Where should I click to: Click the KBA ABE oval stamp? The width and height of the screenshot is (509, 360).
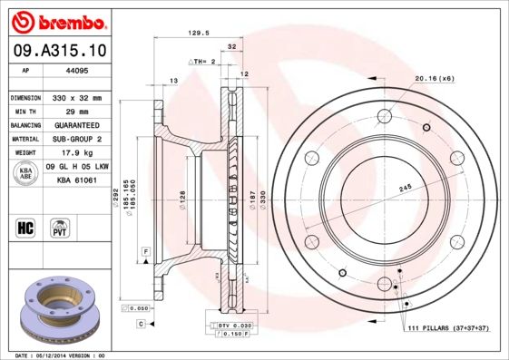pos(24,173)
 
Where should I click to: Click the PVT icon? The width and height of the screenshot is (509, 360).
pos(58,227)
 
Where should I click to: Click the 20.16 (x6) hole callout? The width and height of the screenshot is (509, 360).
pos(435,79)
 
